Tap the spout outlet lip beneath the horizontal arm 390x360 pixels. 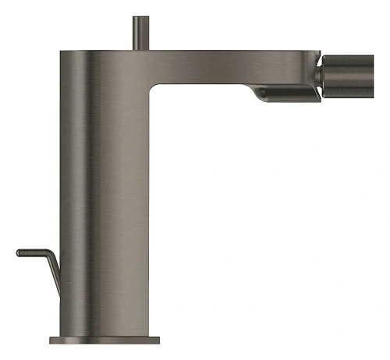(285, 94)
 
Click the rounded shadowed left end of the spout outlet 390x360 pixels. (261, 94)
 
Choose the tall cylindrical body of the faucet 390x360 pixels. (101, 195)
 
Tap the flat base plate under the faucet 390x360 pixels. (105, 341)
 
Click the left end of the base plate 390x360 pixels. (51, 341)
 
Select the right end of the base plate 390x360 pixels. (158, 341)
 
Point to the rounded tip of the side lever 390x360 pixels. (18, 252)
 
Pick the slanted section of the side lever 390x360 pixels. (55, 269)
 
